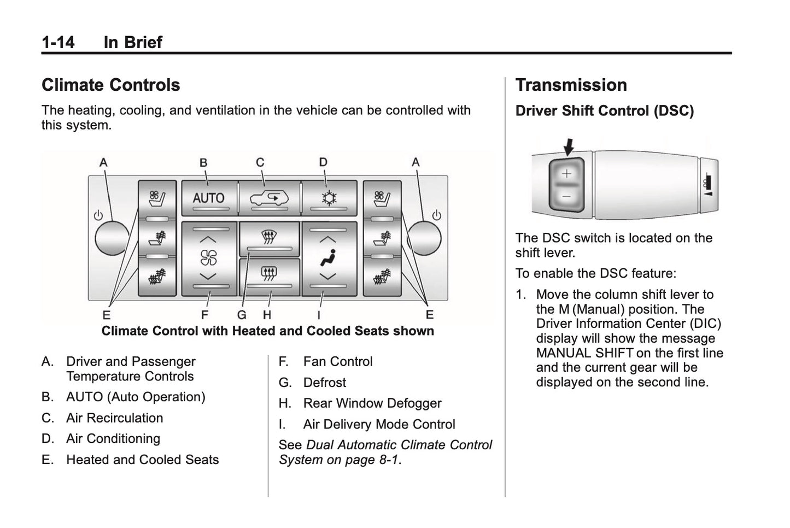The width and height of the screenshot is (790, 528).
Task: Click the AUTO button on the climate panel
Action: tap(208, 198)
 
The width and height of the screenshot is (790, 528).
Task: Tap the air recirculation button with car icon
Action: tap(269, 198)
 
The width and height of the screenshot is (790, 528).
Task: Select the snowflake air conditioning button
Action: tap(329, 198)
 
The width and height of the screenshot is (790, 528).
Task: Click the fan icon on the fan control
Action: tap(208, 257)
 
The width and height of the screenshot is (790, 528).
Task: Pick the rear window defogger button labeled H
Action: tap(268, 273)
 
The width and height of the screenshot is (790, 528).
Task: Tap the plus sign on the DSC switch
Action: tap(566, 174)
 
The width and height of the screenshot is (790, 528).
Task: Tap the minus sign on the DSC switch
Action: tap(566, 196)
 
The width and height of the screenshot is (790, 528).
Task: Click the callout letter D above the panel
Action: tap(323, 162)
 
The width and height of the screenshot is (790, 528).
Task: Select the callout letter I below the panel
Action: tap(319, 315)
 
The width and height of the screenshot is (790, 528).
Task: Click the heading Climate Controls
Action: tap(110, 85)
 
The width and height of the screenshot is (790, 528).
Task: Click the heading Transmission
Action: tap(571, 85)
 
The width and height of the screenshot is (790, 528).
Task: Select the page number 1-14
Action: tap(58, 42)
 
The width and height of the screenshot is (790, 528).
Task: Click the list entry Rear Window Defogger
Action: tap(372, 403)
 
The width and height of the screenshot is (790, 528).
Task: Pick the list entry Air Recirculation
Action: tap(114, 418)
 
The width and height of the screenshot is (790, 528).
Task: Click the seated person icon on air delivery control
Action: tap(328, 257)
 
